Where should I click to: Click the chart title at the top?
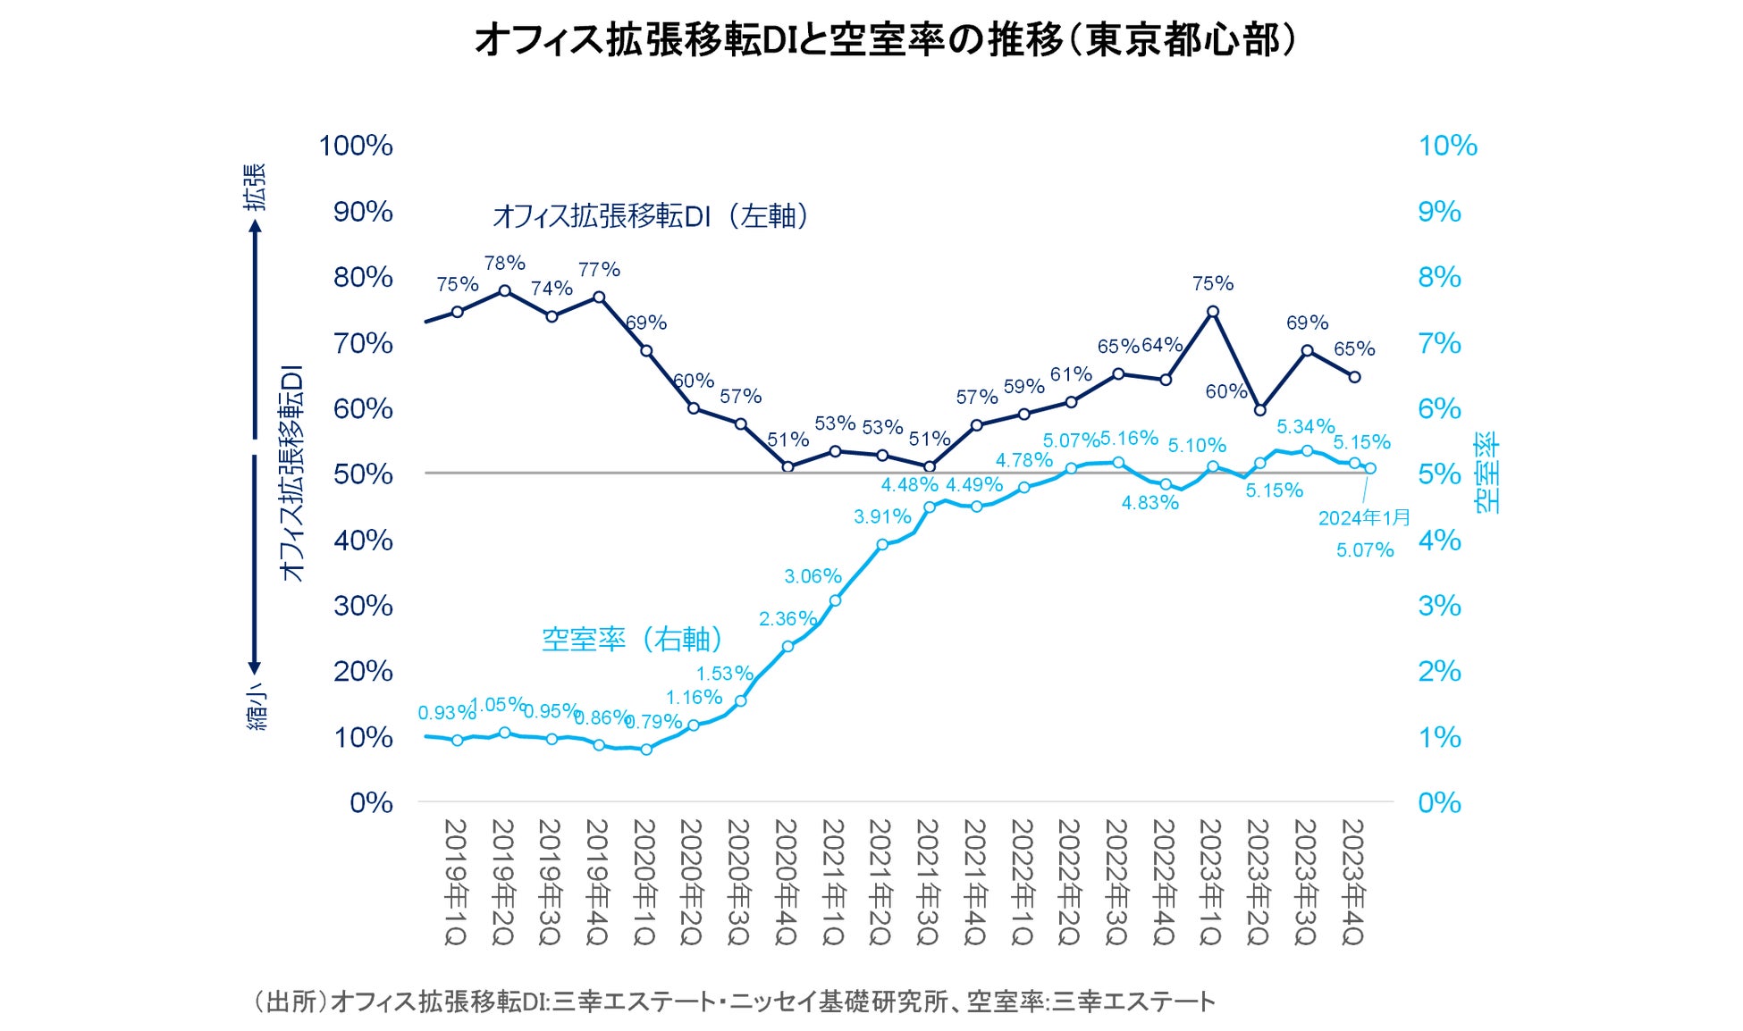pos(885,40)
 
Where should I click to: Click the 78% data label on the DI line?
pos(504,264)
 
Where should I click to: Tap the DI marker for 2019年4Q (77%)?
pos(599,298)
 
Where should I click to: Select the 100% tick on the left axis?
pos(356,146)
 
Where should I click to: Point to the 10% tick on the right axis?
pos(1447,146)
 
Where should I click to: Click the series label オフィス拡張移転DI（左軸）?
pos(651,216)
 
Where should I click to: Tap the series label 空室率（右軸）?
pos(632,640)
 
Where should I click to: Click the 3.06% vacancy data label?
pos(813,576)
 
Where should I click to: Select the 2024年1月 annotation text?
pos(1364,518)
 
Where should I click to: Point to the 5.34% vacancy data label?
pos(1305,427)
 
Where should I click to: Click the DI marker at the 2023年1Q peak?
pos(1213,312)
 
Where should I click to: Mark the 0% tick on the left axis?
pos(371,803)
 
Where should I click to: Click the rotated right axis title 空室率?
pos(1487,474)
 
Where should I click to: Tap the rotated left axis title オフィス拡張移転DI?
pos(292,474)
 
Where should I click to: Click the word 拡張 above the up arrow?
pos(257,187)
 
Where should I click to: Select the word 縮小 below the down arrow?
pos(257,710)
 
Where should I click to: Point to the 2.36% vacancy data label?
pos(787,619)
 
